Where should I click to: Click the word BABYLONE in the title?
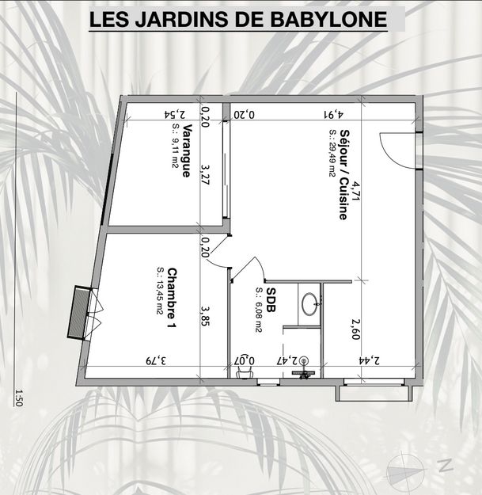328,19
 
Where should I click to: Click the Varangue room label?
187,150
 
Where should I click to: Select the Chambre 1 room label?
172,298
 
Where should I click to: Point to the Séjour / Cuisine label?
343,174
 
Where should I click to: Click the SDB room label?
271,299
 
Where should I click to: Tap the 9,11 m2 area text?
175,146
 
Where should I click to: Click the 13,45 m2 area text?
160,291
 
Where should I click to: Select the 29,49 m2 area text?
332,154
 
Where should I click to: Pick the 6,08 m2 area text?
259,310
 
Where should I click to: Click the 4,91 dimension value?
332,114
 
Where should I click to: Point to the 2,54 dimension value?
176,114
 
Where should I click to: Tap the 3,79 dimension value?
156,360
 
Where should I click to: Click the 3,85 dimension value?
205,316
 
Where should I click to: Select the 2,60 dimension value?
355,329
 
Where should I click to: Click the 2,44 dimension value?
369,360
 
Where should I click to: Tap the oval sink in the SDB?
309,304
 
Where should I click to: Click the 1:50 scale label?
19,398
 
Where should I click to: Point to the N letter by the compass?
445,465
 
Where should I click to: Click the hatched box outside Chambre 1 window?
77,313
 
